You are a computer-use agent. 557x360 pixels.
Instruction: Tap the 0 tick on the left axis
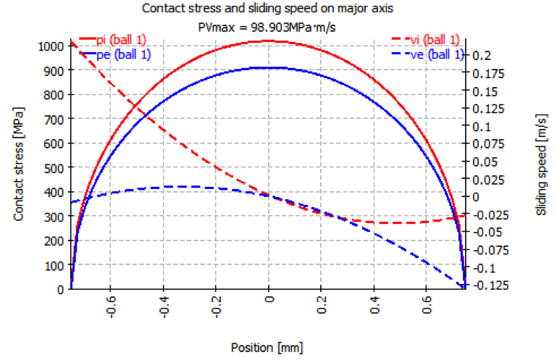tap(61, 289)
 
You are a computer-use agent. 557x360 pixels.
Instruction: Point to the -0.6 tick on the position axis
tap(111, 309)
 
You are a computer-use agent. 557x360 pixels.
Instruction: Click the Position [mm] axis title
tap(267, 347)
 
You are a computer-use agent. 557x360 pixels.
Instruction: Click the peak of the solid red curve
tap(269, 41)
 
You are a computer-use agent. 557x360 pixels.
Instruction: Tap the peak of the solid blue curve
tap(269, 67)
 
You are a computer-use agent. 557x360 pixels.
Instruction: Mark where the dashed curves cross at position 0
tap(269, 196)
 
